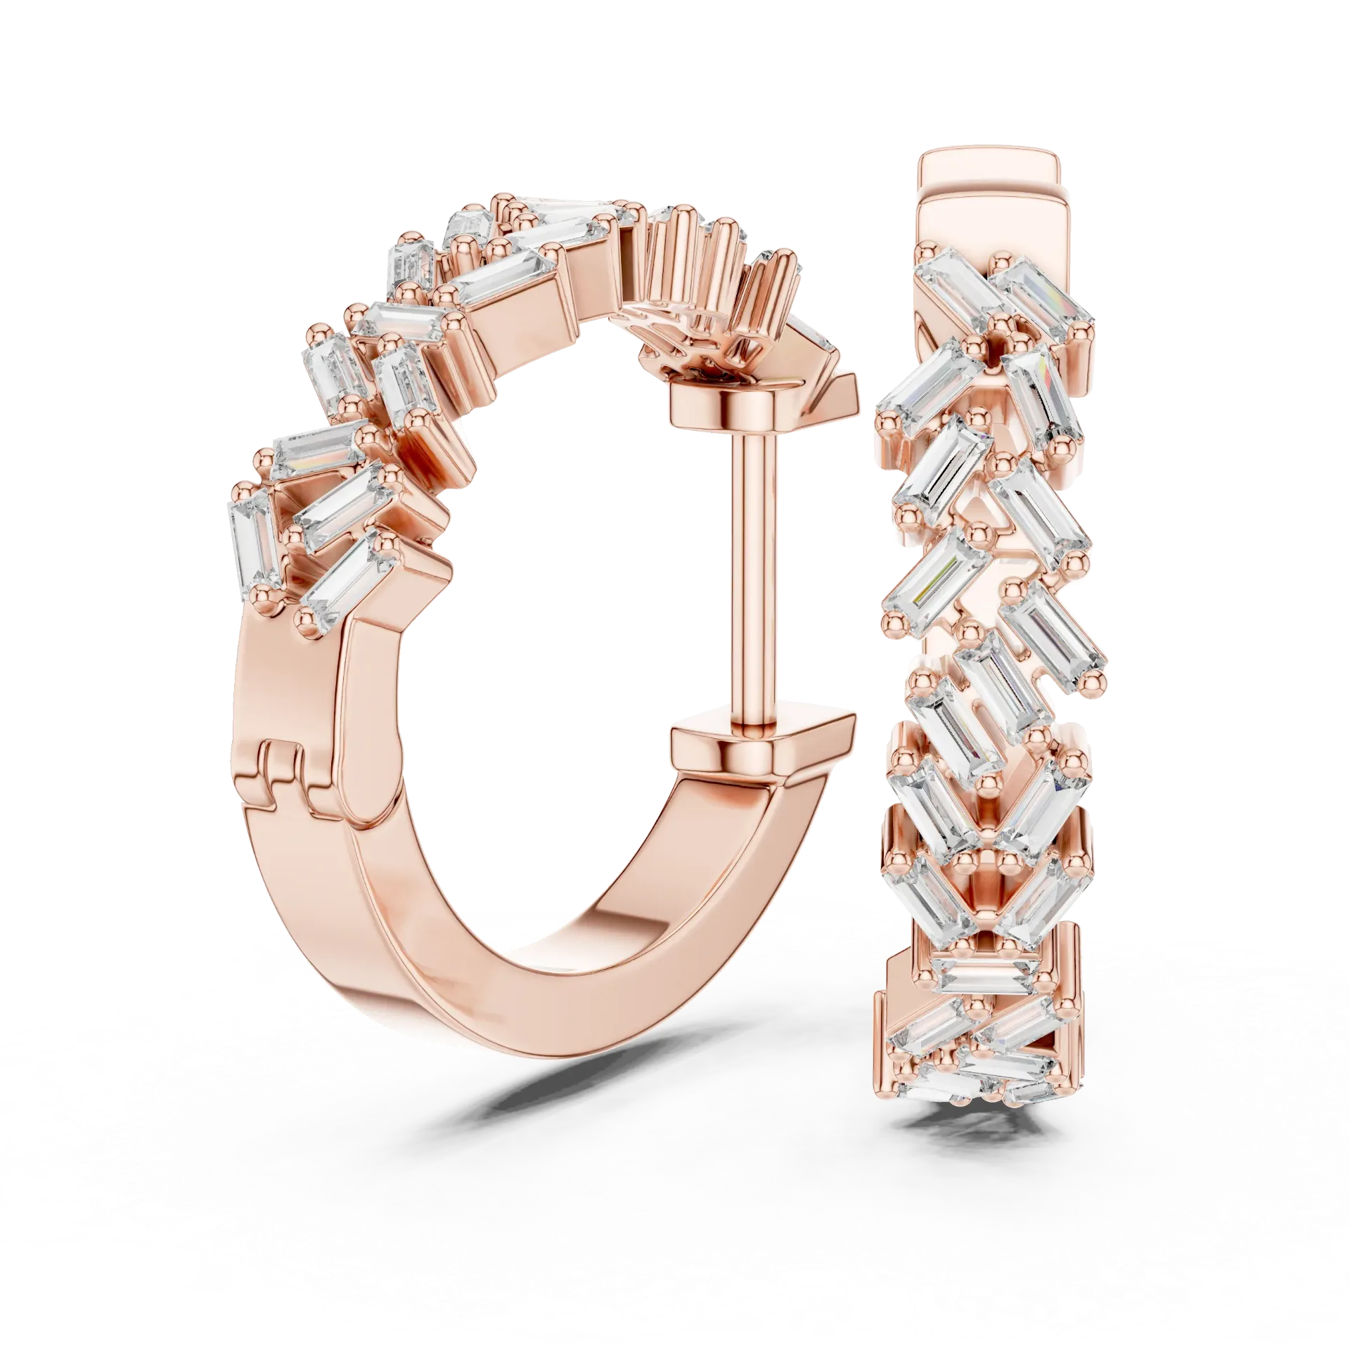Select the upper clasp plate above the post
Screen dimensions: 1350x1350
[x=724, y=404]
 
